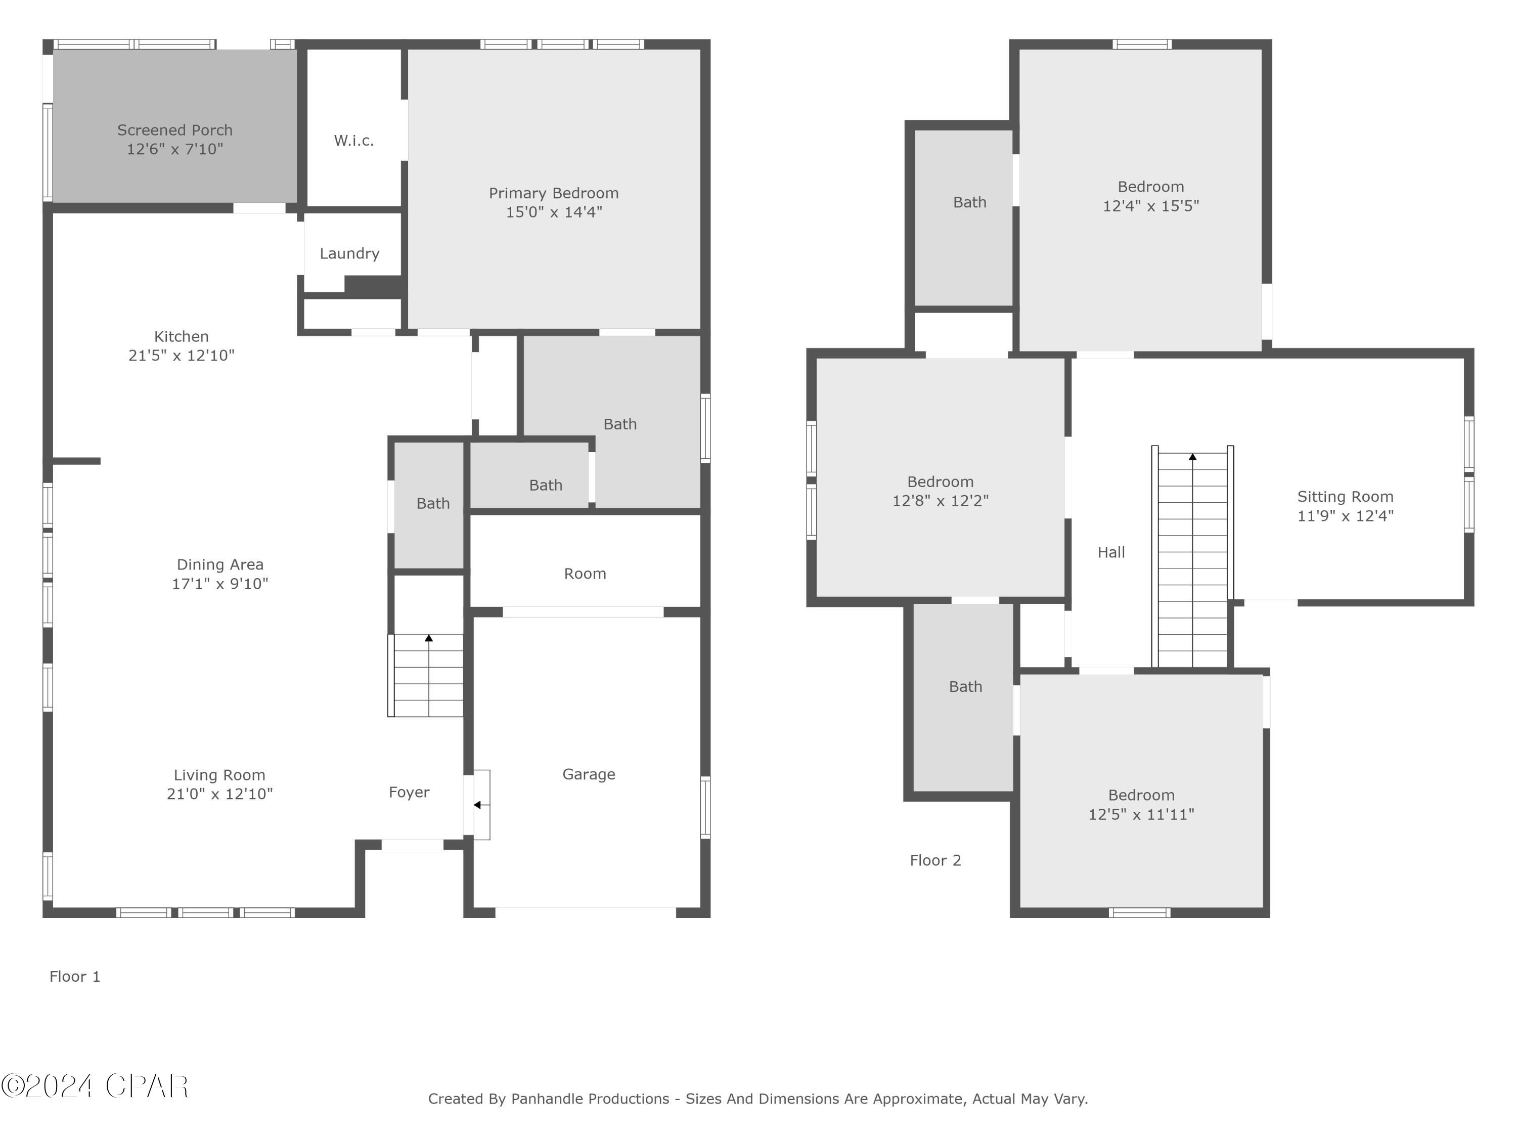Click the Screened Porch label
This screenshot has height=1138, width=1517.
(175, 130)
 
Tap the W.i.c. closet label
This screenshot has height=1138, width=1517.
(354, 141)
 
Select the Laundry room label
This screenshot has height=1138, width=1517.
(349, 254)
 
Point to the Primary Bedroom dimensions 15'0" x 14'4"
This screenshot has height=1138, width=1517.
(553, 212)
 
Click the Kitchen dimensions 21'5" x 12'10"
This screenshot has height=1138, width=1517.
(181, 356)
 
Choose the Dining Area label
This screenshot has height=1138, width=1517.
(219, 564)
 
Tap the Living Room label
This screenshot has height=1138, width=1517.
(219, 775)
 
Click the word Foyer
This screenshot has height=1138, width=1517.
(409, 792)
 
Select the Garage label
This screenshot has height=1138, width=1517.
(589, 774)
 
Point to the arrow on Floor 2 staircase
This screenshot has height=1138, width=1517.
(1192, 457)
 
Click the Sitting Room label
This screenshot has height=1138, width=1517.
(1345, 497)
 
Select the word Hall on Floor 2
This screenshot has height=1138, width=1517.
(1111, 552)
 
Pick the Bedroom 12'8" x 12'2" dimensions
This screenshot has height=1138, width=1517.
(940, 501)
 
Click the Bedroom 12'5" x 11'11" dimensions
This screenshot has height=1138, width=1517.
(1141, 815)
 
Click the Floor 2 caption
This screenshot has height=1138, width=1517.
(935, 861)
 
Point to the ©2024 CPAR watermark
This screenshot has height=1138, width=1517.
(95, 1086)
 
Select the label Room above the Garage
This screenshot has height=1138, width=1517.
(585, 574)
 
